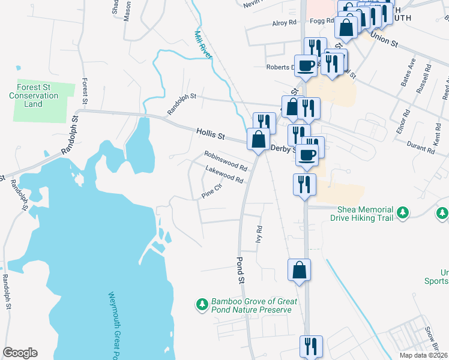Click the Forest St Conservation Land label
tap(34, 95)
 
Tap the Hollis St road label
tap(209, 133)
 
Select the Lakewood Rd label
tap(224, 176)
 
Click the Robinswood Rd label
tap(226, 160)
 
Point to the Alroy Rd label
tap(285, 23)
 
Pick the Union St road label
tap(384, 40)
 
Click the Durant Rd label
tap(420, 148)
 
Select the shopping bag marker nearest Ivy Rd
tap(298, 271)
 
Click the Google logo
tap(20, 353)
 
